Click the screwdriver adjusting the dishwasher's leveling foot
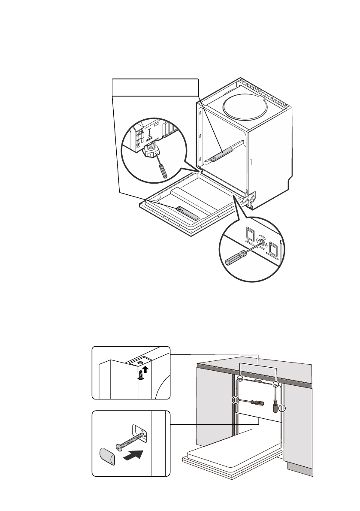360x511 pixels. click(x=161, y=168)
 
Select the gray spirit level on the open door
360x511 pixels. click(x=188, y=212)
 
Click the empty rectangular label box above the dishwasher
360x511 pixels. click(x=155, y=87)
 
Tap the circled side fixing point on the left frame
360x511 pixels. click(x=236, y=400)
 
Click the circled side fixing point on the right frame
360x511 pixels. click(x=282, y=408)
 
